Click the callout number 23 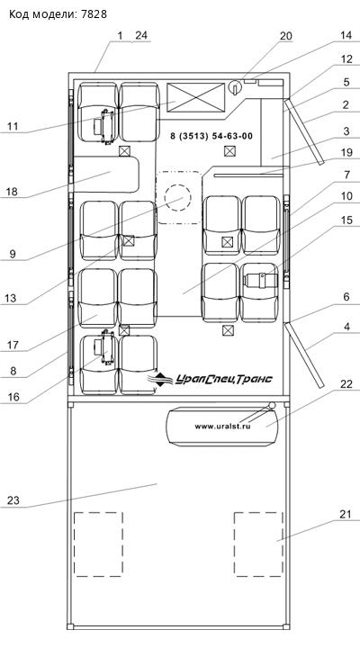click(x=13, y=500)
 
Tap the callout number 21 click(x=345, y=515)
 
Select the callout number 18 click(x=12, y=193)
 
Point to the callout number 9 click(x=13, y=254)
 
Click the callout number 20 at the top click(x=286, y=36)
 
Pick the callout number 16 click(x=13, y=397)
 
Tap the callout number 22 click(x=346, y=384)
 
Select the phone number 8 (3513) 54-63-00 click(x=211, y=136)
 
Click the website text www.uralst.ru click(x=222, y=427)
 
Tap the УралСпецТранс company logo click(x=210, y=379)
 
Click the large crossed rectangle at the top click(x=196, y=97)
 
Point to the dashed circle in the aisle click(x=177, y=197)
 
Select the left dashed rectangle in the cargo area click(x=98, y=544)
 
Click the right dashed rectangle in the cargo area click(x=258, y=544)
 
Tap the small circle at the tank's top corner click(x=273, y=406)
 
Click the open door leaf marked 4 click(x=305, y=355)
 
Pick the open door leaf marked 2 click(x=305, y=131)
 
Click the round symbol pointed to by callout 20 click(x=235, y=87)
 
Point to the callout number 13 click(x=12, y=298)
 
